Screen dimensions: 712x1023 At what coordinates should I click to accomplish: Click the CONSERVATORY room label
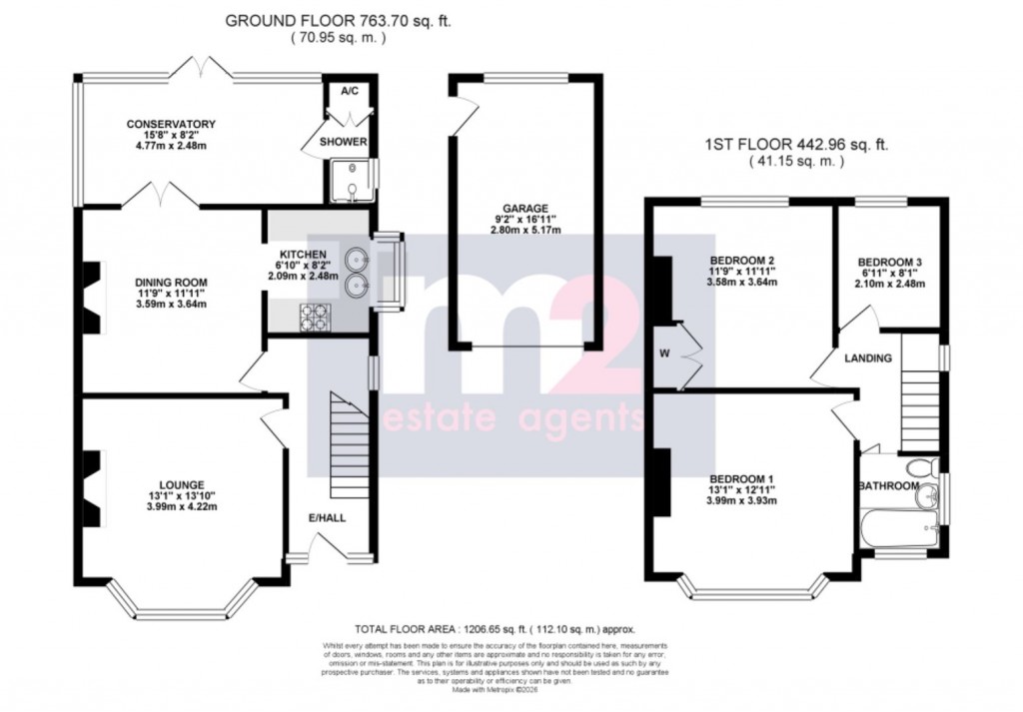tap(171, 124)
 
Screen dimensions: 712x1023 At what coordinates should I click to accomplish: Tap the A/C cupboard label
tap(349, 91)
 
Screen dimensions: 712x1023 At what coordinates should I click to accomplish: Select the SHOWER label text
tap(343, 142)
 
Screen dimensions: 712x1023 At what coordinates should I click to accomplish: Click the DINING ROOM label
tap(171, 283)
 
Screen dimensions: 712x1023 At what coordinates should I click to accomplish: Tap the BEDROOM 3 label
tap(890, 262)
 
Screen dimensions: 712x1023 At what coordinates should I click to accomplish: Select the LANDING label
tap(867, 357)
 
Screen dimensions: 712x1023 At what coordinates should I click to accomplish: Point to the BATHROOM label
tap(887, 486)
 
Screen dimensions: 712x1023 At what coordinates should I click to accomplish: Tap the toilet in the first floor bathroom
tap(918, 467)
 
